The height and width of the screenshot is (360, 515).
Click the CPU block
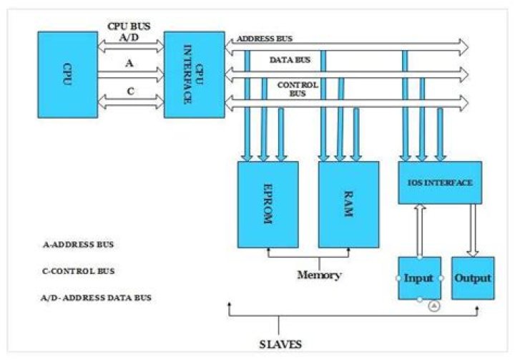(x=68, y=74)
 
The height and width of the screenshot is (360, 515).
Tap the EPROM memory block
(x=267, y=204)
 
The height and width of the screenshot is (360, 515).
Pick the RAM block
(x=348, y=204)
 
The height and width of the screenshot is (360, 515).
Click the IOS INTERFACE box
(x=440, y=183)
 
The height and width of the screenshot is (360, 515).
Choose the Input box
(x=419, y=278)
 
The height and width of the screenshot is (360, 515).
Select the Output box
(x=473, y=278)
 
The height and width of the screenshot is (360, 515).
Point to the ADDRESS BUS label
(x=264, y=39)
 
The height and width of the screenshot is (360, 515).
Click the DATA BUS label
(x=289, y=62)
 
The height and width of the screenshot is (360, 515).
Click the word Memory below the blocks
(x=318, y=274)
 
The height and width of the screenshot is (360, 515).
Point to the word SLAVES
(x=280, y=344)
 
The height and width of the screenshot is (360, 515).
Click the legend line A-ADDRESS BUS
(x=78, y=245)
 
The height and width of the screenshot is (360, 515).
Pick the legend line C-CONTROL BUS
(x=79, y=271)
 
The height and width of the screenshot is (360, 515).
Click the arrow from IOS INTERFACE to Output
(x=473, y=229)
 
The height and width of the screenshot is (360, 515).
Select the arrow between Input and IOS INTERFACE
(x=419, y=229)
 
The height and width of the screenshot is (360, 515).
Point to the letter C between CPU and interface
(x=129, y=90)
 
